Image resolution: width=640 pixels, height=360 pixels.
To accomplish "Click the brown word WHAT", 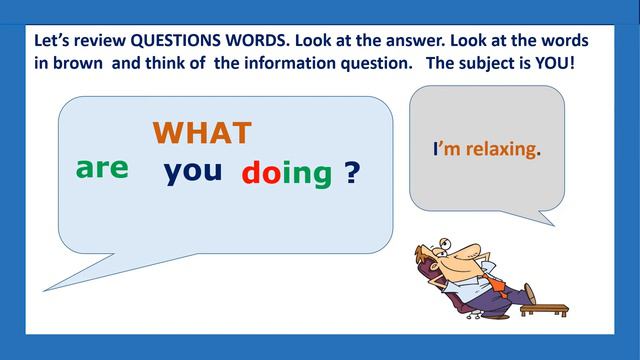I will [x=201, y=132].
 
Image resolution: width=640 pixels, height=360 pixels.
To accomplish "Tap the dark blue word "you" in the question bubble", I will [x=192, y=170].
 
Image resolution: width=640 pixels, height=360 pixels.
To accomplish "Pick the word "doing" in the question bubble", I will [x=286, y=173].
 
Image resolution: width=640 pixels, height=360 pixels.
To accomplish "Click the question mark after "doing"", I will [x=352, y=173].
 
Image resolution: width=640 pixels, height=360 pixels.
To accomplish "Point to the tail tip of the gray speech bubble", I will [x=553, y=224].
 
